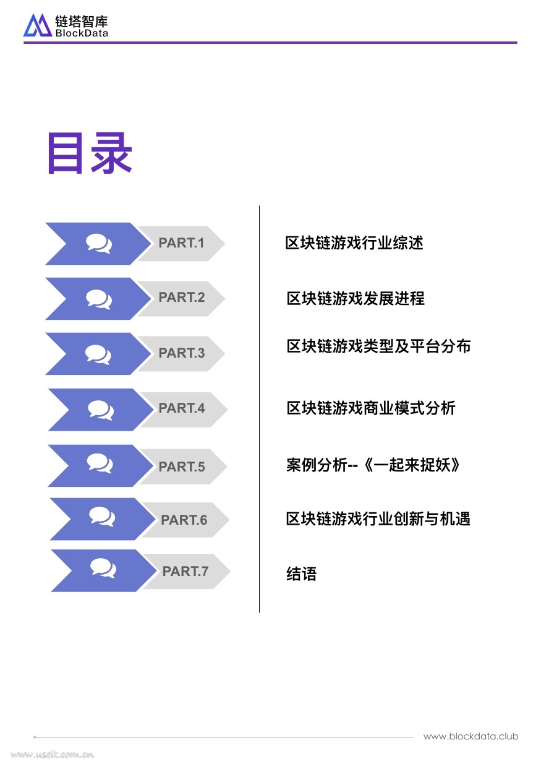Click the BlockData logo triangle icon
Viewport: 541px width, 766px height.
pos(38,25)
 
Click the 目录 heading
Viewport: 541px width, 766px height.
pos(90,153)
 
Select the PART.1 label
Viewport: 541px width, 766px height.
pos(181,243)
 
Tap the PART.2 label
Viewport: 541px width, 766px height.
pos(181,298)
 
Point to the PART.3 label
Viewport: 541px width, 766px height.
pos(181,353)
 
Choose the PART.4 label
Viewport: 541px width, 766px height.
pos(182,408)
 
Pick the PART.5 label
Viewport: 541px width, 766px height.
pos(182,467)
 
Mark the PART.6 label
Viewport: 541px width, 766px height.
pos(184,520)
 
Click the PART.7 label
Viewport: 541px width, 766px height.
pos(185,572)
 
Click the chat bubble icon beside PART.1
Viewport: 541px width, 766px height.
pos(99,243)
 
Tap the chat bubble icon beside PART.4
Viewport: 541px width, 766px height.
pos(101,409)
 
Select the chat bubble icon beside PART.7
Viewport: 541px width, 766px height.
pos(103,567)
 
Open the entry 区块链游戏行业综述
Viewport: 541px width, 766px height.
pos(354,243)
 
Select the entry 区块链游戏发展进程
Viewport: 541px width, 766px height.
pos(356,298)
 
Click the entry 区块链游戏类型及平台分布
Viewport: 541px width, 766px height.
pos(378,346)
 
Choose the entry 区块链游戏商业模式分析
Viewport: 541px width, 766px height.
pos(371,408)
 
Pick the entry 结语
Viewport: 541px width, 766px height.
pos(302,574)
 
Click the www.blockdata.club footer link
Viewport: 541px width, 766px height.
pos(471,736)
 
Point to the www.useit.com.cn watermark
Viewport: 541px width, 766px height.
pos(53,754)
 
